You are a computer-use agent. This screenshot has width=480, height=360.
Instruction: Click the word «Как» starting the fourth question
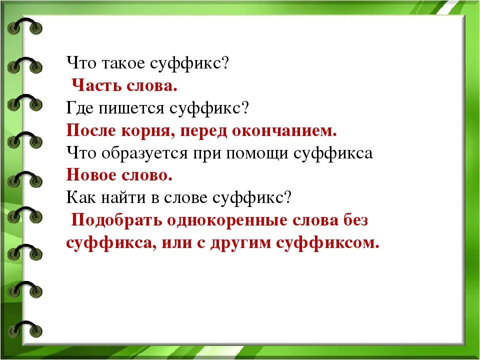click(78, 198)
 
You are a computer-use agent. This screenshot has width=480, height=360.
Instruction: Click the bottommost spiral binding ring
click(25, 330)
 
